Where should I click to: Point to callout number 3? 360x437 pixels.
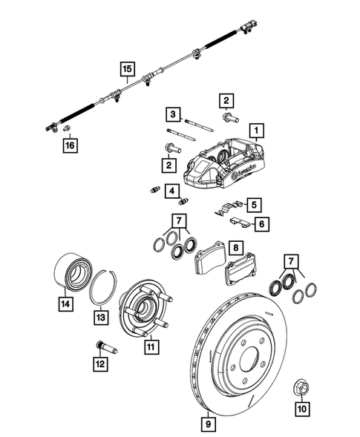[171, 114]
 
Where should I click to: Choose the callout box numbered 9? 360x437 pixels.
[209, 424]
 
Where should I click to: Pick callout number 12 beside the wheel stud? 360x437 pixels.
[99, 364]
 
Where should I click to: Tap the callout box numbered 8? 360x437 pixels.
[234, 248]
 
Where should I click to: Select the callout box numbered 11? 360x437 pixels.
[150, 346]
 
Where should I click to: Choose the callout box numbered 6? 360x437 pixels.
[260, 222]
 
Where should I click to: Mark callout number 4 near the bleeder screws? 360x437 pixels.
[171, 192]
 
